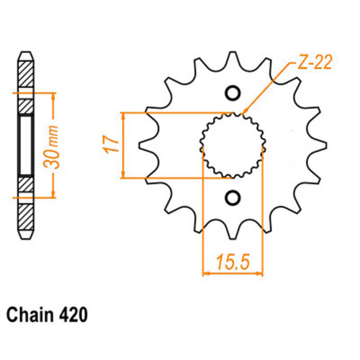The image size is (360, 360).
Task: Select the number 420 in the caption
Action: [74, 315]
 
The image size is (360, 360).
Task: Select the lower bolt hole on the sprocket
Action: [233, 197]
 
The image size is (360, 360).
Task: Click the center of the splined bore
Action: [233, 145]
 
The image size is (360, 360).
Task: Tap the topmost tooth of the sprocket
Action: [232, 58]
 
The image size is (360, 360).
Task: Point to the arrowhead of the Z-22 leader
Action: [246, 112]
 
